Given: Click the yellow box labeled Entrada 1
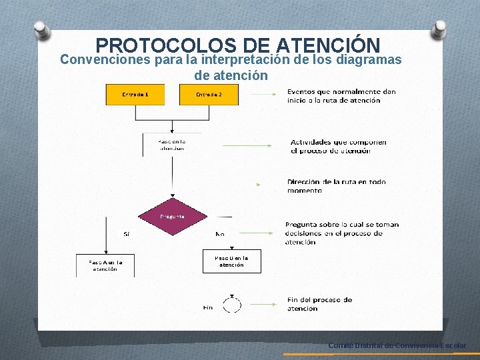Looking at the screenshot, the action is pyautogui.click(x=135, y=95).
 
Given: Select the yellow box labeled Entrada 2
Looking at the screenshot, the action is pyautogui.click(x=209, y=95).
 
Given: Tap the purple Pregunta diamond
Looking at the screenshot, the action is pyautogui.click(x=173, y=217).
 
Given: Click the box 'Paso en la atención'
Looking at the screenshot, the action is pyautogui.click(x=171, y=145).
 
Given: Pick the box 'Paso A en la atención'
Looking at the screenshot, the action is pyautogui.click(x=105, y=265).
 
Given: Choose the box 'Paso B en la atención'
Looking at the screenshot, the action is pyautogui.click(x=231, y=261).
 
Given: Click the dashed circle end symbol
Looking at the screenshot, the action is pyautogui.click(x=231, y=305).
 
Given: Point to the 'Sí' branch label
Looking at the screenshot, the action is pyautogui.click(x=127, y=234).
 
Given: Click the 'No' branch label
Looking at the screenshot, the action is pyautogui.click(x=220, y=234).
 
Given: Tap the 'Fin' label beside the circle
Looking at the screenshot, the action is pyautogui.click(x=208, y=307).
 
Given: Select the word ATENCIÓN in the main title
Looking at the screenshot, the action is pyautogui.click(x=327, y=45).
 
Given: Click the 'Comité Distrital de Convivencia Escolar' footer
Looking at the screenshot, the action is pyautogui.click(x=397, y=345).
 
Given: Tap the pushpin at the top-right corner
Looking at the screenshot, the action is pyautogui.click(x=439, y=30).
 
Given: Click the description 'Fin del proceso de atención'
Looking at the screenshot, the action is pyautogui.click(x=319, y=304).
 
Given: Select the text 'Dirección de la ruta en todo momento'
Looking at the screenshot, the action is pyautogui.click(x=336, y=185).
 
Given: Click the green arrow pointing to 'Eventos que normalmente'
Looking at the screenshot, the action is pyautogui.click(x=265, y=95).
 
